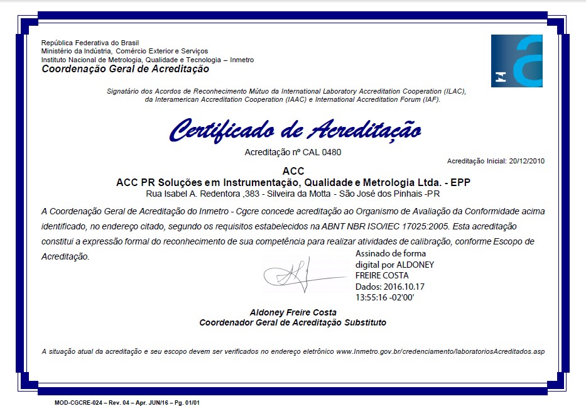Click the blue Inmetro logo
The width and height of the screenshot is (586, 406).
point(516,61)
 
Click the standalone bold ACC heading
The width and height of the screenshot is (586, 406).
point(293,171)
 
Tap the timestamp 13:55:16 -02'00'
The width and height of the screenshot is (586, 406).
point(384,297)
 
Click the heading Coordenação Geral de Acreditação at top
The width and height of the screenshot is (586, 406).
point(125,69)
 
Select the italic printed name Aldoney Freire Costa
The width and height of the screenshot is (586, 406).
point(293,312)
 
